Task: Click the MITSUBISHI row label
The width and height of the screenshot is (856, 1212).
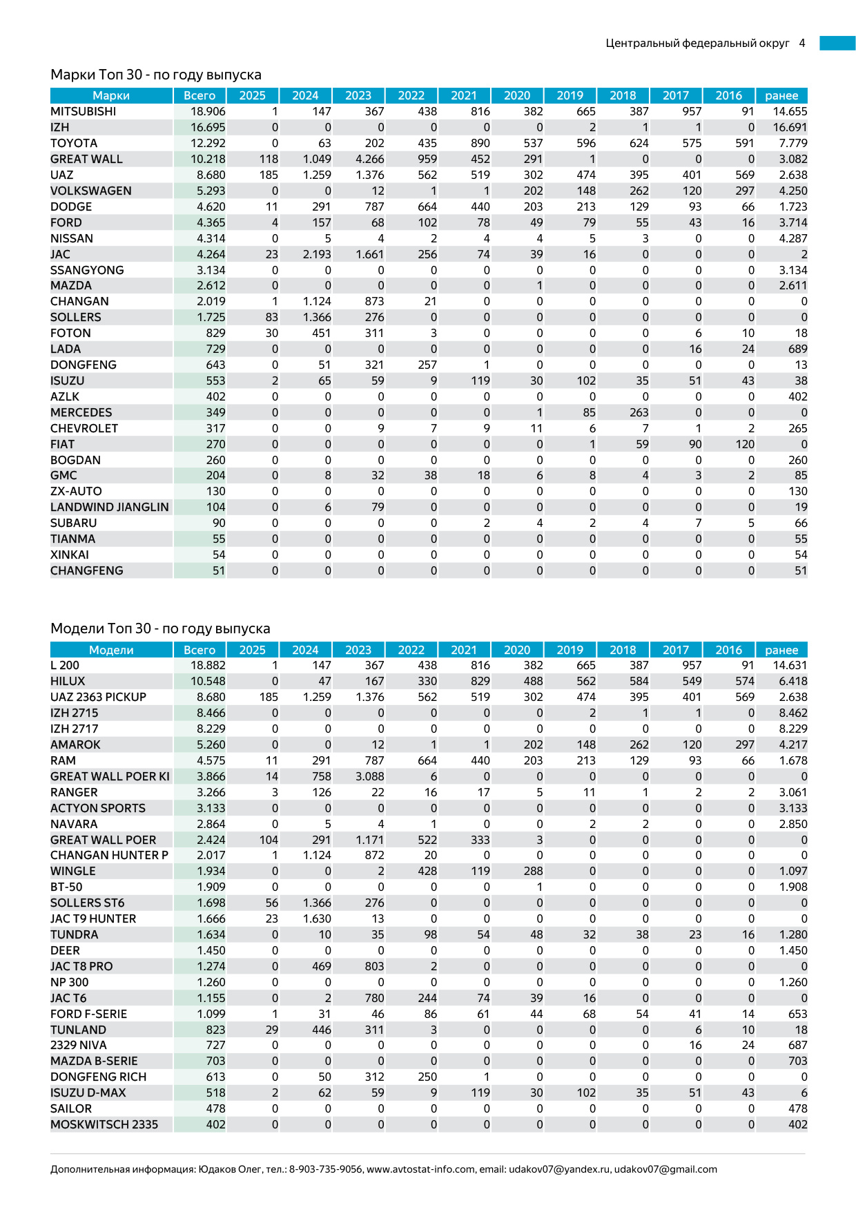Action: [x=84, y=111]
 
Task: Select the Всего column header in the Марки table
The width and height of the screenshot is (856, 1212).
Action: [x=200, y=95]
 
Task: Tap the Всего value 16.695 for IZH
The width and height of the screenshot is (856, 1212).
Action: [x=208, y=127]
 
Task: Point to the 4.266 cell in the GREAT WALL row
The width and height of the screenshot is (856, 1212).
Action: [x=370, y=159]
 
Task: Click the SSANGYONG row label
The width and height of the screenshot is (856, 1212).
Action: [x=87, y=270]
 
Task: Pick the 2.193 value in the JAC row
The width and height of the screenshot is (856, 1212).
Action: [x=317, y=254]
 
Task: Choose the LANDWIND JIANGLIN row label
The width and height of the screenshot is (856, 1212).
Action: [x=110, y=507]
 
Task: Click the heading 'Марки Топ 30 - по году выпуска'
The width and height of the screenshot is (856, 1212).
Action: [x=156, y=75]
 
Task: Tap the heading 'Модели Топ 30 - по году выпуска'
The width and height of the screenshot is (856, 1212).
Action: [x=160, y=628]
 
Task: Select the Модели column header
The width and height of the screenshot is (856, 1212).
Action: [x=111, y=650]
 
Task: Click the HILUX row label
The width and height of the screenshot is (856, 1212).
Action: [x=68, y=681]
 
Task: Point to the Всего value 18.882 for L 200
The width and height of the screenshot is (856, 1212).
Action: [x=208, y=665]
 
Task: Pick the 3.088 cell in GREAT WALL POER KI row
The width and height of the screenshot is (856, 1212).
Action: [x=370, y=776]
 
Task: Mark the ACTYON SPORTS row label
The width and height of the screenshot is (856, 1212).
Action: [x=98, y=808]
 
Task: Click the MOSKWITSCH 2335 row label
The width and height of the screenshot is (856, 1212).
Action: [x=104, y=1124]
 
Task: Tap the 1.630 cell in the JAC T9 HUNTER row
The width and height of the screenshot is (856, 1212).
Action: [x=317, y=918]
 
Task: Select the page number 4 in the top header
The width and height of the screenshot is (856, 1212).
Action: [x=802, y=43]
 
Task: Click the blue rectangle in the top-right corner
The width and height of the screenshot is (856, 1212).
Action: [x=837, y=43]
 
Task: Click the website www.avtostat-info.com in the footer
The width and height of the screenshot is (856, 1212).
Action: [x=421, y=1169]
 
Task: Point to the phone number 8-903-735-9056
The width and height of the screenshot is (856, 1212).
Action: [x=325, y=1169]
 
